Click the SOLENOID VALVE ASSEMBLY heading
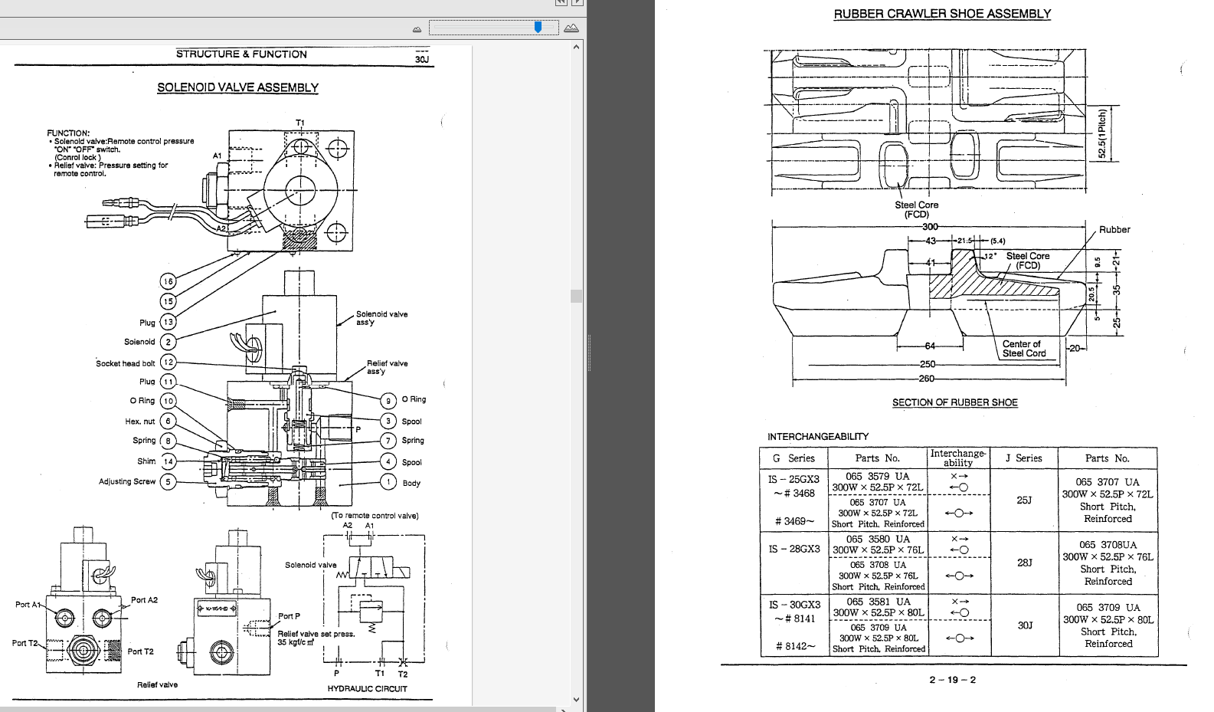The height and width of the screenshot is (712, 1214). [x=237, y=87]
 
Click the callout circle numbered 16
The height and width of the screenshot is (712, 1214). [x=168, y=281]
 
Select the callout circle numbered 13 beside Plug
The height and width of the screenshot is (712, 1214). [x=168, y=322]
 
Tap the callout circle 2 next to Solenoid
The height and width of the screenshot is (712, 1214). [x=168, y=342]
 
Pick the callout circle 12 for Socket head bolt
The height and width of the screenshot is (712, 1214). [x=168, y=362]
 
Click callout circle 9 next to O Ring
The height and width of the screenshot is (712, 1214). [x=388, y=400]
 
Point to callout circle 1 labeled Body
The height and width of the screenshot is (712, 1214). [x=388, y=482]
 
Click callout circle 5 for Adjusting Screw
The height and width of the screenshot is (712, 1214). [x=168, y=482]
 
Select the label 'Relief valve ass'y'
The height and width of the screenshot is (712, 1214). [x=387, y=367]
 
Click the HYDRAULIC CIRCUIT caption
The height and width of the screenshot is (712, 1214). [x=367, y=688]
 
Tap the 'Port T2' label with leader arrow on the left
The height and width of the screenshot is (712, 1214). [x=25, y=643]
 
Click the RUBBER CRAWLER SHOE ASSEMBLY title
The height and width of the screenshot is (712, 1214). [x=942, y=14]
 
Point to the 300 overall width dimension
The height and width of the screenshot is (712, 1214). [x=930, y=226]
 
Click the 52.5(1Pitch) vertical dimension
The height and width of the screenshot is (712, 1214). [x=1102, y=134]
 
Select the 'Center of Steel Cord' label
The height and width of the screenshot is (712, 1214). [x=1023, y=349]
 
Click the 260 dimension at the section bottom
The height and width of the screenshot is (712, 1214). [x=927, y=378]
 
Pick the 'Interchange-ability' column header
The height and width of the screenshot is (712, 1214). [x=957, y=458]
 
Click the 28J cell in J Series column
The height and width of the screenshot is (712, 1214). [x=1024, y=563]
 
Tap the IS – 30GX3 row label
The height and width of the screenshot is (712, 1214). [x=794, y=605]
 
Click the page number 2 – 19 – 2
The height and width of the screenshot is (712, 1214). [x=952, y=680]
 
